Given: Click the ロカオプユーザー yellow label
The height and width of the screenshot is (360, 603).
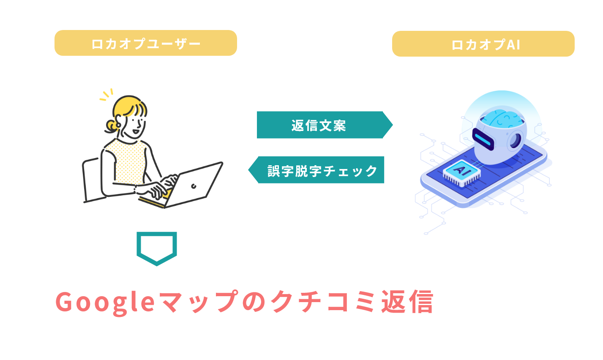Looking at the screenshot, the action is (x=146, y=43).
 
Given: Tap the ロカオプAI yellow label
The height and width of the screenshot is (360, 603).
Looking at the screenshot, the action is (x=483, y=44).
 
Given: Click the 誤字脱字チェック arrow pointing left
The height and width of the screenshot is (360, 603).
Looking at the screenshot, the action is (x=317, y=170).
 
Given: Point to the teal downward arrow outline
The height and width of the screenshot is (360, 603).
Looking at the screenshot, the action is (x=156, y=248).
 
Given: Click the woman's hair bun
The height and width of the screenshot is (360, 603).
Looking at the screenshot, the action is (x=111, y=125).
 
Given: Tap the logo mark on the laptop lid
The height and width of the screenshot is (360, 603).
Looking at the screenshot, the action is (x=194, y=186).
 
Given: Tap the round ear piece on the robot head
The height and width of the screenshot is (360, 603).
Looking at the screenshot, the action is (x=516, y=140).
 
